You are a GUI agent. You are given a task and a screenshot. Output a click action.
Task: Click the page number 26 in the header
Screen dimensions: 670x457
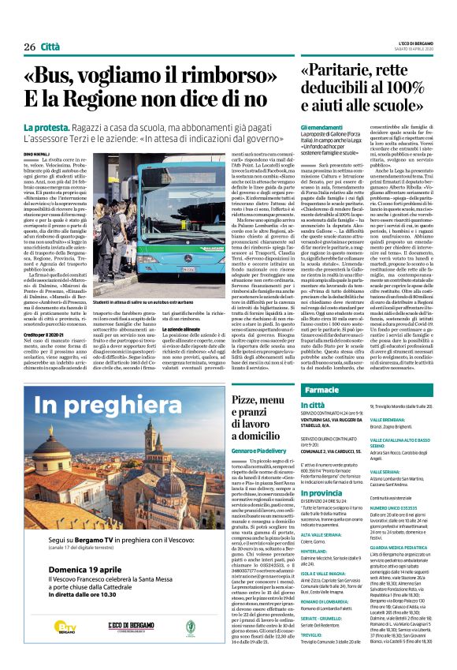pos(30,47)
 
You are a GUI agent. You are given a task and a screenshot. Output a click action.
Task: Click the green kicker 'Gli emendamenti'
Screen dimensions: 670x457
pos(321,128)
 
